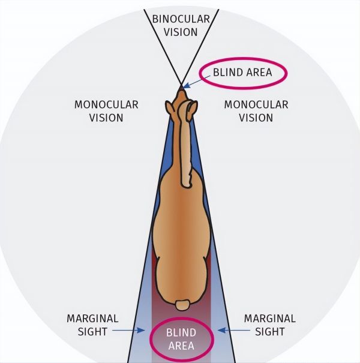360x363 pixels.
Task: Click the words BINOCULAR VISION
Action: point(181,25)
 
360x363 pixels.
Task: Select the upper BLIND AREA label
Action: point(242,73)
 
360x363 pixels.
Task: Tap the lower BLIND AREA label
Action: point(180,339)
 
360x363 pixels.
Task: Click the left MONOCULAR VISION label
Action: point(106,111)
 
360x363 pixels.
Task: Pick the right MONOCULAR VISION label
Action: point(256,111)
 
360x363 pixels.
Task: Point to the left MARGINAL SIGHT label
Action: point(92,324)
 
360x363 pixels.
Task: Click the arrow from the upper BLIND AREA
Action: point(194,83)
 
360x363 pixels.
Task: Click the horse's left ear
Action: point(172,108)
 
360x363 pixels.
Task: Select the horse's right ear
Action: point(192,108)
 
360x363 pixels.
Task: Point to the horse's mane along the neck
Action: point(185,150)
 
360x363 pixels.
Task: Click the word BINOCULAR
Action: point(181,19)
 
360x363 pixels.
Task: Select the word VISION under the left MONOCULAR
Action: point(106,117)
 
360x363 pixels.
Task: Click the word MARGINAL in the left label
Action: point(92,318)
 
